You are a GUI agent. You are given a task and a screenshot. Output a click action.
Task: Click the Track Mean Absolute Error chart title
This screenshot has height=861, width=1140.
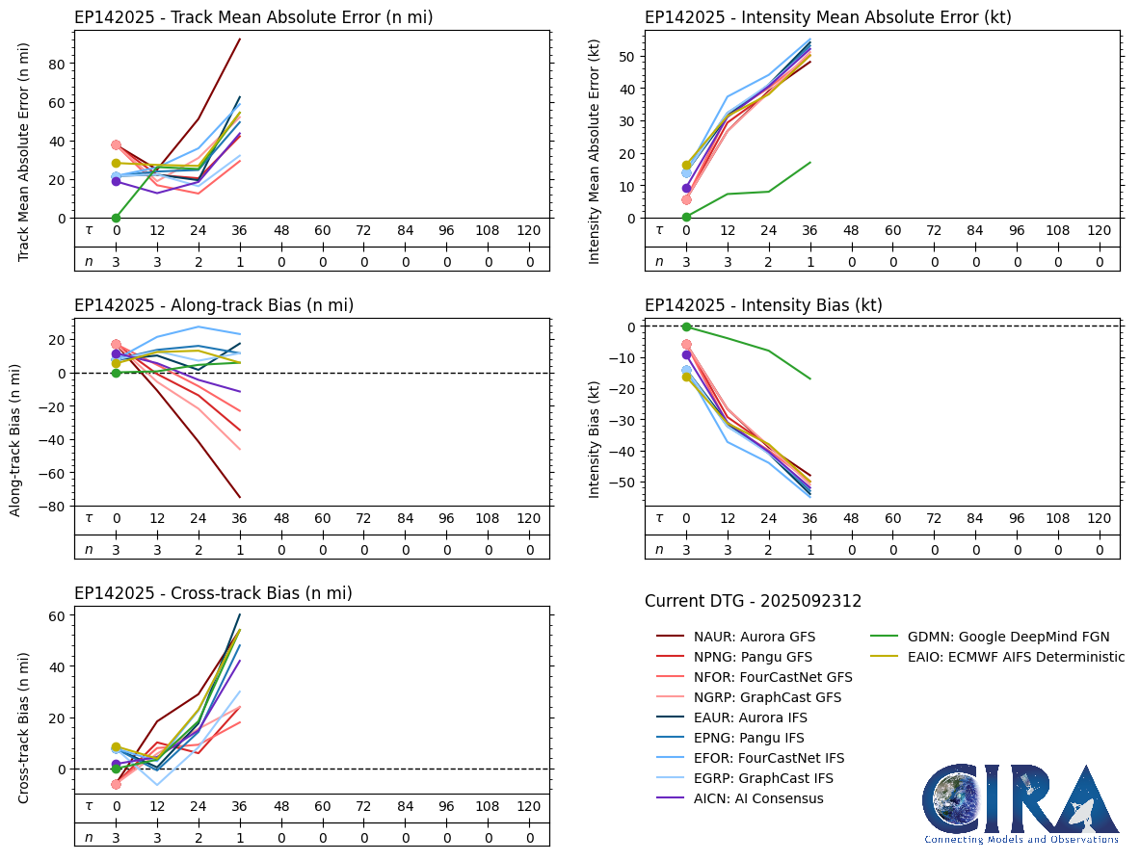click(x=253, y=17)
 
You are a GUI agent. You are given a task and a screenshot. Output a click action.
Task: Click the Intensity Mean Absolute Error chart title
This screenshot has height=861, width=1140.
click(x=828, y=17)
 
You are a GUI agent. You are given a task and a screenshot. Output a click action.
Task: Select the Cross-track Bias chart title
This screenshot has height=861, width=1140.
click(x=213, y=593)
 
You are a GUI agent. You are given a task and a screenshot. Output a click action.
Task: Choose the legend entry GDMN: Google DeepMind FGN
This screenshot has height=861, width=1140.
click(x=1008, y=637)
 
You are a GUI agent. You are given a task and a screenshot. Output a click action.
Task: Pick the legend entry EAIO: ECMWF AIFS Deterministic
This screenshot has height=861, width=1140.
click(x=1016, y=657)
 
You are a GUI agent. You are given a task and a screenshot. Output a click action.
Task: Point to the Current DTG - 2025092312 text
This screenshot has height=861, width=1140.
click(x=753, y=601)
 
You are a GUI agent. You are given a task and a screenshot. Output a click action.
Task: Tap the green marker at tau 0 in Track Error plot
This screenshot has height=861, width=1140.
click(x=116, y=218)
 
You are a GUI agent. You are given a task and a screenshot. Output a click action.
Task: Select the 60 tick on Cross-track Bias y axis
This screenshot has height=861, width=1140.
click(x=59, y=615)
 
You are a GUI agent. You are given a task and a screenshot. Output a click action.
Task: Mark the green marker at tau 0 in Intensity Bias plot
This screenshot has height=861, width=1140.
click(x=686, y=326)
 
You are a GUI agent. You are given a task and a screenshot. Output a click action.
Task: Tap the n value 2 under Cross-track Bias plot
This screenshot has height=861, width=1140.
click(x=199, y=838)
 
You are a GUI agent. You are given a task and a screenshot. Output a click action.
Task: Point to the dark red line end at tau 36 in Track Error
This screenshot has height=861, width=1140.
click(x=240, y=39)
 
